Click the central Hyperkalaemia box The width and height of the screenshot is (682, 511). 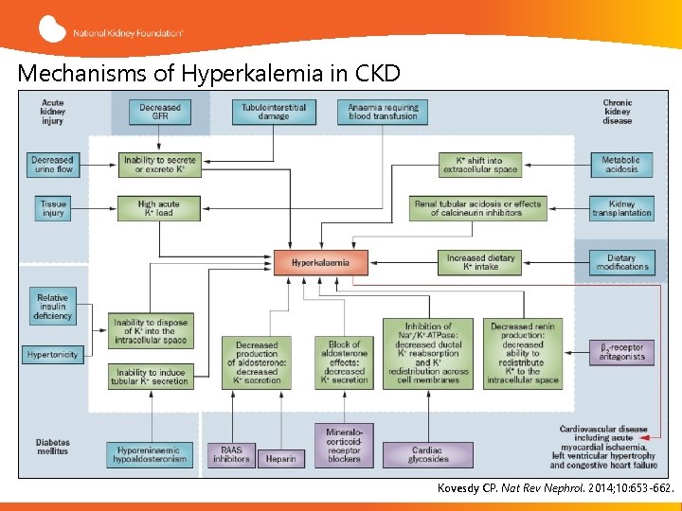pyautogui.click(x=320, y=262)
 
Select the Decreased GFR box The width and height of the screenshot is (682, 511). pyautogui.click(x=159, y=113)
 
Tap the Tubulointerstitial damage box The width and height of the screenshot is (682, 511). pyautogui.click(x=274, y=113)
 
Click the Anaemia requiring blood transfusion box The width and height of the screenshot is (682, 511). pyautogui.click(x=382, y=113)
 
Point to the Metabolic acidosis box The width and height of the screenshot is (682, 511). pyautogui.click(x=620, y=165)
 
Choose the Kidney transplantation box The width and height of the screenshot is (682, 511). pyautogui.click(x=621, y=208)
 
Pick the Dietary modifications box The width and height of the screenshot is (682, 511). pyautogui.click(x=622, y=262)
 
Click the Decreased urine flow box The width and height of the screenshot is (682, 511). pyautogui.click(x=52, y=165)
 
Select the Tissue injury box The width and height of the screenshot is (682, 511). pyautogui.click(x=53, y=208)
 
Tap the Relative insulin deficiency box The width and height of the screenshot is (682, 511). pyautogui.click(x=52, y=307)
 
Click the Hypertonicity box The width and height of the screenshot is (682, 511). pyautogui.click(x=52, y=355)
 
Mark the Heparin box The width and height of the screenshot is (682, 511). pyautogui.click(x=280, y=458)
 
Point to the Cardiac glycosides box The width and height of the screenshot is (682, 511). pyautogui.click(x=428, y=454)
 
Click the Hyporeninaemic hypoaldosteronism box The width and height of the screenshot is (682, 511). pyautogui.click(x=153, y=454)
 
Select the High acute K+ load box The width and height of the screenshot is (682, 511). pyautogui.click(x=159, y=208)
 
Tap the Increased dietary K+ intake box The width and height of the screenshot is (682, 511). pyautogui.click(x=479, y=262)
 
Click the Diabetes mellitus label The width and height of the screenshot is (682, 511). pyautogui.click(x=53, y=447)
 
